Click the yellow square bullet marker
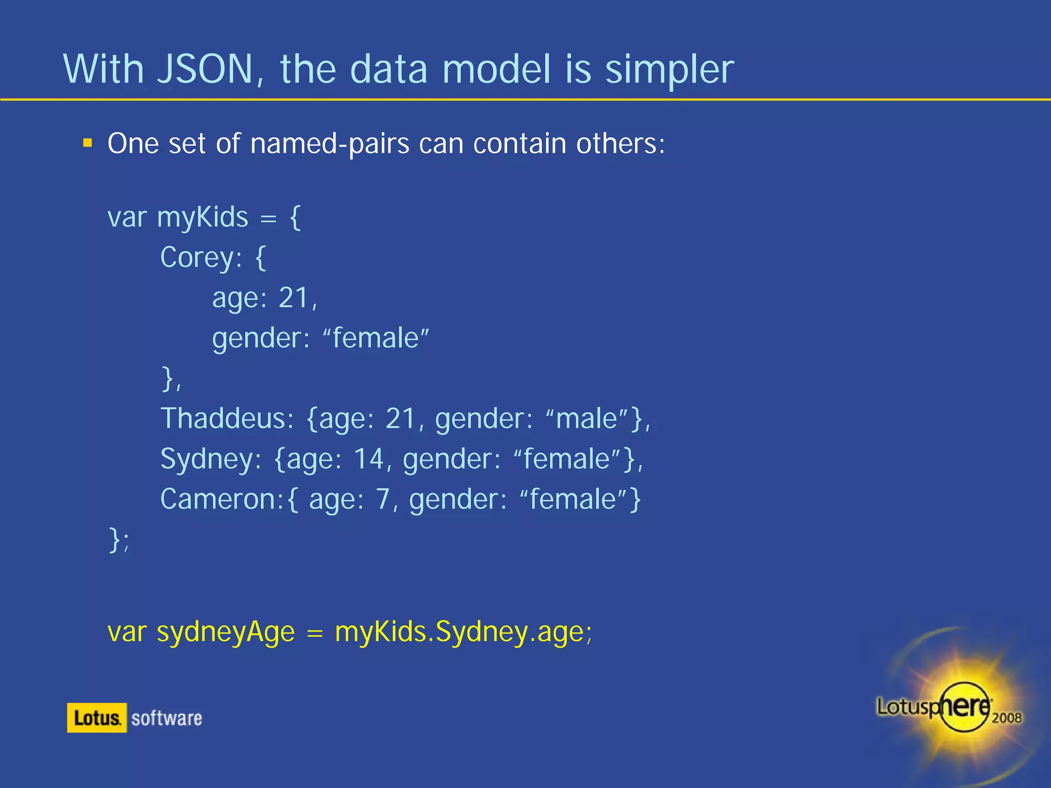click(88, 143)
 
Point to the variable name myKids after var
click(202, 218)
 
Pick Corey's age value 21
click(294, 298)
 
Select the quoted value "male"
click(587, 419)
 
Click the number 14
click(368, 459)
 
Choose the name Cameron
click(219, 499)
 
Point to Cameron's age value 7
click(383, 499)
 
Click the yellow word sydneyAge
click(226, 632)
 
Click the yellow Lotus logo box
click(96, 718)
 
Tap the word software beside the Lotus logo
click(167, 718)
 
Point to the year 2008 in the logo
click(1006, 717)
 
